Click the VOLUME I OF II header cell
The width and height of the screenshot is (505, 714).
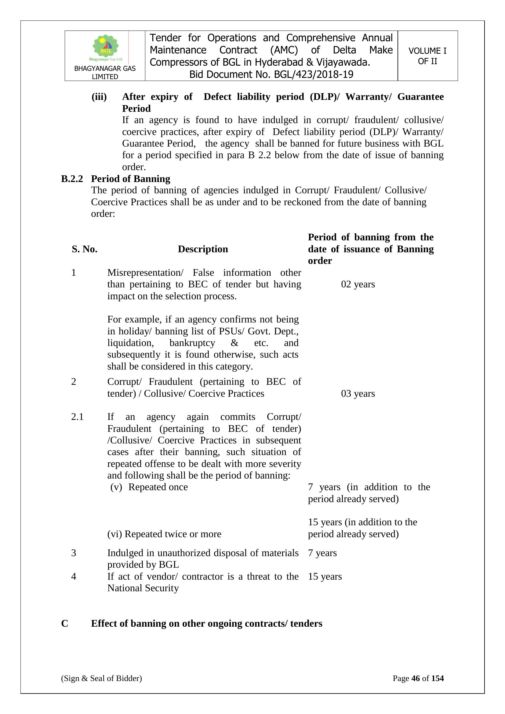(427, 56)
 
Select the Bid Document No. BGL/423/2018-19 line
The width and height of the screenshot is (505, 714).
(271, 75)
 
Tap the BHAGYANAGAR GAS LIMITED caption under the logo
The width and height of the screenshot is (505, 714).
(105, 72)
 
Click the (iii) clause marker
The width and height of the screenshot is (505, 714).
(99, 97)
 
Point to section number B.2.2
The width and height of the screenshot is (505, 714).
(72, 179)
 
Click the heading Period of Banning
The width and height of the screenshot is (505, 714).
(131, 179)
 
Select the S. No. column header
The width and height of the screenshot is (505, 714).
(85, 249)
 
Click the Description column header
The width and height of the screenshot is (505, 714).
(203, 249)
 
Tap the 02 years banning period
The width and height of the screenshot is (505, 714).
(358, 284)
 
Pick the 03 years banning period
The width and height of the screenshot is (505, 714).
(358, 394)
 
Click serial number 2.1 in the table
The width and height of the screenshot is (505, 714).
(78, 417)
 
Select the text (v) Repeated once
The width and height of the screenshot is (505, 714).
(149, 487)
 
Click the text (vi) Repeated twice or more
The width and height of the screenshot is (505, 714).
(164, 534)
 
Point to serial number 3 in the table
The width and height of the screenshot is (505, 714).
(74, 553)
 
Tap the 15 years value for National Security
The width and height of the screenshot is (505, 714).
(325, 576)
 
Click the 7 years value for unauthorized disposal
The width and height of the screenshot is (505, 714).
(322, 553)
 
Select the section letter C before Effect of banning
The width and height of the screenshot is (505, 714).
(65, 624)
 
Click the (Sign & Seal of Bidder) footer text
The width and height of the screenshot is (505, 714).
(101, 678)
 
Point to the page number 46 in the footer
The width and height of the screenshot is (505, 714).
(416, 678)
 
